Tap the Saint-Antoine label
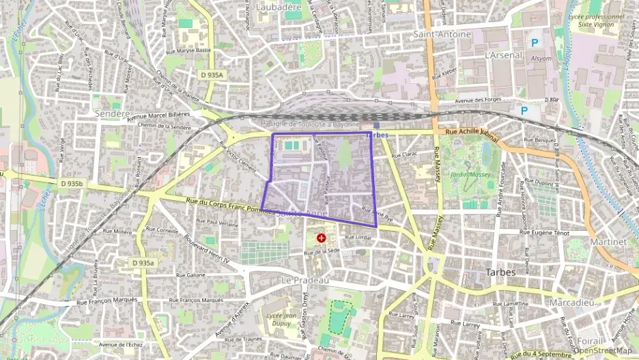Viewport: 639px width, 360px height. pyautogui.click(x=442, y=34)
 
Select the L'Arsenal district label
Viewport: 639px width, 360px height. pyautogui.click(x=502, y=55)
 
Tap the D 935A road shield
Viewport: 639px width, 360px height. pyautogui.click(x=212, y=74)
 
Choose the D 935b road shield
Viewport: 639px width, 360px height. pyautogui.click(x=71, y=184)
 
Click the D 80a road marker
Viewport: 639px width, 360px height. pyautogui.click(x=552, y=100)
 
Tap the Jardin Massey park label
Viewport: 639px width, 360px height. pyautogui.click(x=470, y=175)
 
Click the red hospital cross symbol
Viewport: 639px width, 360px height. pyautogui.click(x=322, y=238)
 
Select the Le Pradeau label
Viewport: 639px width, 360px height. pyautogui.click(x=305, y=281)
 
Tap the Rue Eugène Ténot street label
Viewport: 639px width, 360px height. pyautogui.click(x=544, y=233)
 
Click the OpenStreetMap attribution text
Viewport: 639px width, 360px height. pyautogui.click(x=602, y=350)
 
